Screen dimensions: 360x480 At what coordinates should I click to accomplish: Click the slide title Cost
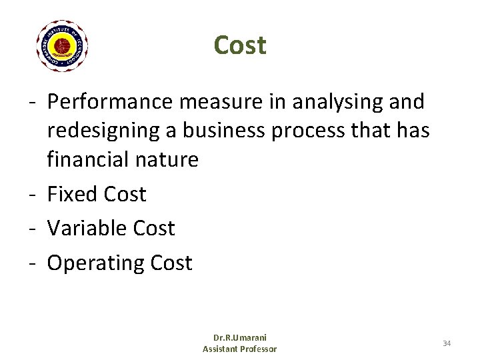240,45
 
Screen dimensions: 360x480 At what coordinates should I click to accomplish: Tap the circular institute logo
62,46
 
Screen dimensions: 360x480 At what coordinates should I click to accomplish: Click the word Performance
109,102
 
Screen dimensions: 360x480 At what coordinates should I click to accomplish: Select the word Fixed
73,194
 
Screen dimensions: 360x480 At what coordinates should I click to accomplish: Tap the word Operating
96,263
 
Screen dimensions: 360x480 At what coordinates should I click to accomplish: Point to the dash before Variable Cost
32,229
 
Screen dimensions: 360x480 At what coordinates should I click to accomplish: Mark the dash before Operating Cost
32,264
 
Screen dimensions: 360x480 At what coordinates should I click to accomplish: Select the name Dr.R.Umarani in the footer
239,339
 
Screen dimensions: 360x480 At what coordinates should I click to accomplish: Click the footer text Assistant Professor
239,349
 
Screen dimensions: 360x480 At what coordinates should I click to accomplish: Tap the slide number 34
447,343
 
